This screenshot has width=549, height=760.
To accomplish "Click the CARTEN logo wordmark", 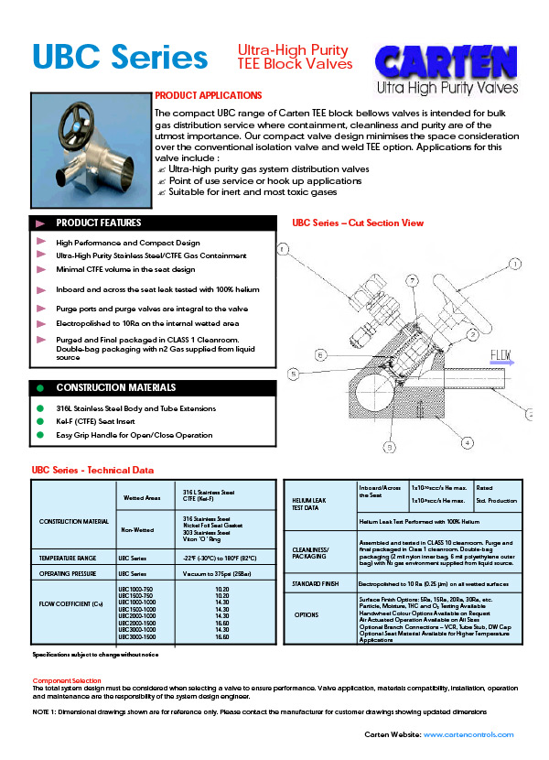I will [448, 62].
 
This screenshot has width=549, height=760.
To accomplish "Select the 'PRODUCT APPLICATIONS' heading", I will [209, 95].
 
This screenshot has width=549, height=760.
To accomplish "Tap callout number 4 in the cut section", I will [467, 441].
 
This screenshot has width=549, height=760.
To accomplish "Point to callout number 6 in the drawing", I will [320, 354].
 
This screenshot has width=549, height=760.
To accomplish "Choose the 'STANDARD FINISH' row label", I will [316, 582].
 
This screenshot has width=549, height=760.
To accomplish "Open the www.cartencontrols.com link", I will [468, 734].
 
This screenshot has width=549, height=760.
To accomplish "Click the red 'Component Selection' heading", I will [67, 681].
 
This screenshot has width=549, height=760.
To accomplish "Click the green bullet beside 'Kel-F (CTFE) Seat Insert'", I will [39, 421].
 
